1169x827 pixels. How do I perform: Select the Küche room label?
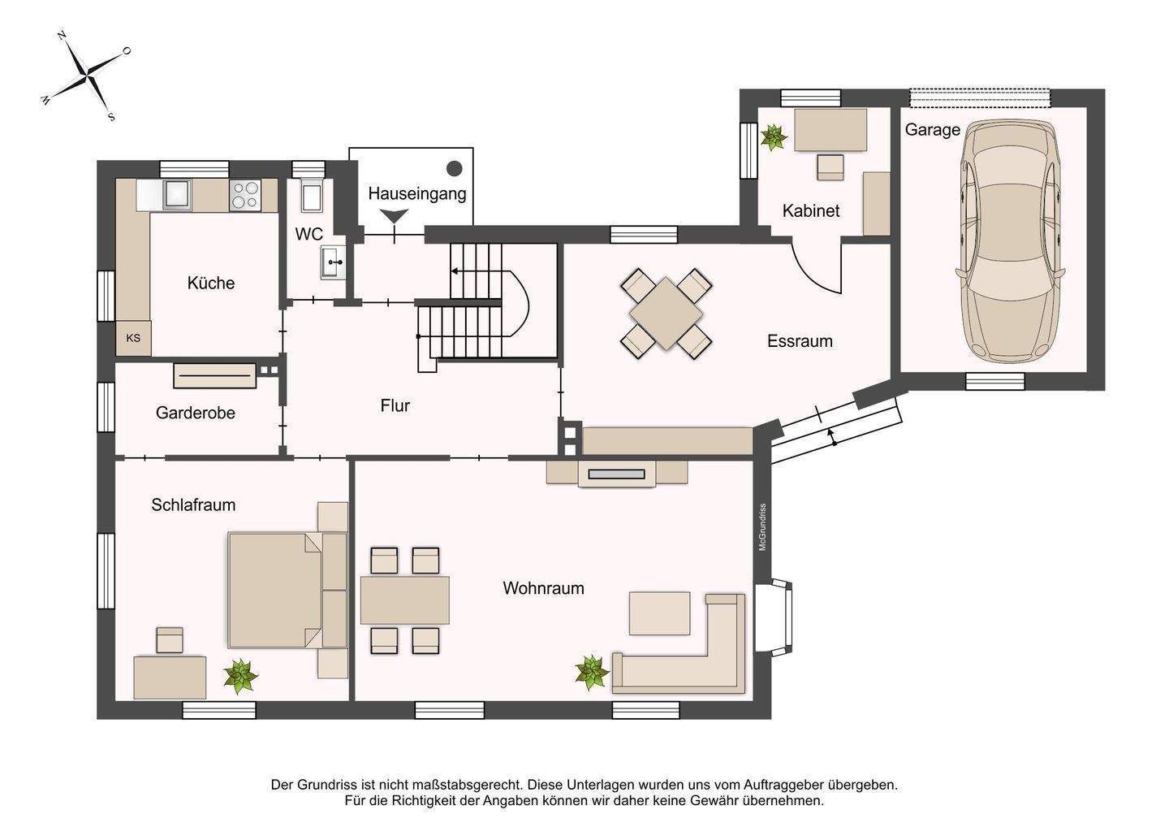210,283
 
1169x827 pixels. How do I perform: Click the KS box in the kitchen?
133,338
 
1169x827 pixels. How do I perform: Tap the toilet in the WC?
309,196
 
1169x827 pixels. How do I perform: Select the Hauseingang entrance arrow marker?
395,217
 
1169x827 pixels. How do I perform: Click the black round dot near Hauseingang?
455,168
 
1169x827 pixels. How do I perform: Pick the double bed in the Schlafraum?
276,590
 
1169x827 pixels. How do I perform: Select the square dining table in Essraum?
666,313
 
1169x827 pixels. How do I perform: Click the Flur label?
395,405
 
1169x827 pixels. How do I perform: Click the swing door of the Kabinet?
816,268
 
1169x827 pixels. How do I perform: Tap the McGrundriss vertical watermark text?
761,527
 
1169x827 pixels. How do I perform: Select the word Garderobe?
196,413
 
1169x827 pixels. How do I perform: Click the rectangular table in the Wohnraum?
404,600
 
